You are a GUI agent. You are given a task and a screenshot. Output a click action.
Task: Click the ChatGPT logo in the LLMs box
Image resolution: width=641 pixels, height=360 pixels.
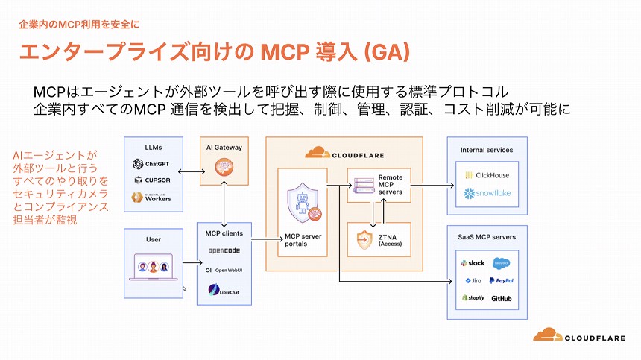pos(138,164)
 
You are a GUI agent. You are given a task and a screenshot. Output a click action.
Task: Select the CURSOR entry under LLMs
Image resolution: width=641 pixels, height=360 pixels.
pos(153,180)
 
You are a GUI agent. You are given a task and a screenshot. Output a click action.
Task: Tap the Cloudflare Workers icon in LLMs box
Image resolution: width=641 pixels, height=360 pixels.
pos(138,198)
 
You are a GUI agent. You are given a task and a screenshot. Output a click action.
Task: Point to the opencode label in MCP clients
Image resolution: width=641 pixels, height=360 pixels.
pos(224,250)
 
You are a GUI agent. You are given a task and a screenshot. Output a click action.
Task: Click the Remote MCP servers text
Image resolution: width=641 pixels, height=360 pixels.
pos(391,184)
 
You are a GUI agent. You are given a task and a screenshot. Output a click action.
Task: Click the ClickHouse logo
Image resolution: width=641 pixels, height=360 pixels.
pos(487,175)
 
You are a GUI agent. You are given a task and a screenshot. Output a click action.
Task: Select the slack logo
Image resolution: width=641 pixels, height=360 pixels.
pos(473,263)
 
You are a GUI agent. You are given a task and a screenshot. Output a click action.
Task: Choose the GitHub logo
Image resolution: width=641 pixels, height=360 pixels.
pos(501,299)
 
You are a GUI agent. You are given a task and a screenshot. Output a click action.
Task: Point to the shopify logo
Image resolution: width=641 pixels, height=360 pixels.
pos(473,298)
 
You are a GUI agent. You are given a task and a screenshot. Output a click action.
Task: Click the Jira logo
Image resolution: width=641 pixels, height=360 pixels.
pos(473,281)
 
